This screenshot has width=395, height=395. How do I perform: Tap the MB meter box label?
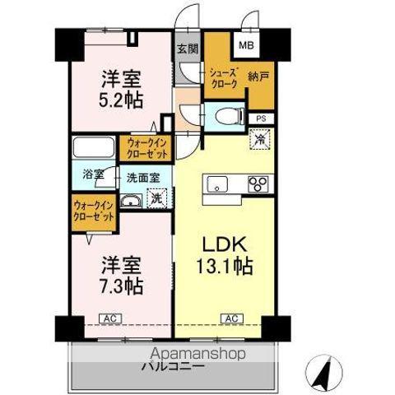(x=247, y=46)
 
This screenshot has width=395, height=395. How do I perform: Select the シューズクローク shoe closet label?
(x=224, y=78)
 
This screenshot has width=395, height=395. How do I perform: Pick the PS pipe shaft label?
(x=261, y=118)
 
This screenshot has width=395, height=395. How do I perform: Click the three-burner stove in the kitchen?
(x=259, y=184)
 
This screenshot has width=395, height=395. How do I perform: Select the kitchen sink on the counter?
(x=219, y=183)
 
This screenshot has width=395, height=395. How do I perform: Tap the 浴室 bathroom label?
(x=93, y=174)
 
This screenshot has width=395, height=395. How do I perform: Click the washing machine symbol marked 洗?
(x=156, y=197)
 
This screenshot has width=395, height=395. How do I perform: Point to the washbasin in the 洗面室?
(x=131, y=201)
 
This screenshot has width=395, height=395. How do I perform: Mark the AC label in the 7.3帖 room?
(x=108, y=317)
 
